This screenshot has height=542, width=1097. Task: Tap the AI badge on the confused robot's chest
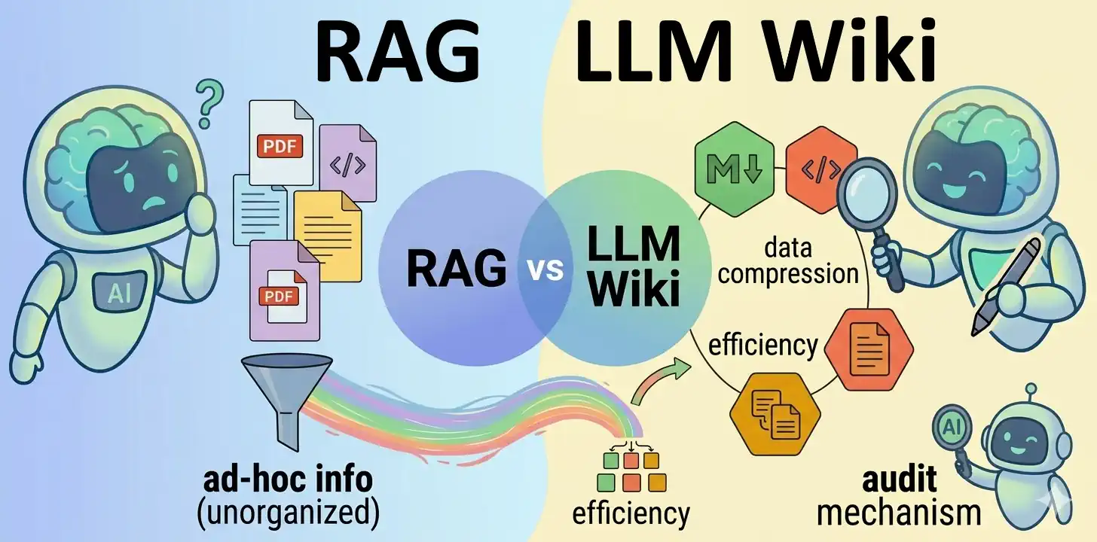click(119, 292)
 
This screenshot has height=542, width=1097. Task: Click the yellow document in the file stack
click(327, 235)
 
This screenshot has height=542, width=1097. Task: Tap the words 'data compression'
click(788, 260)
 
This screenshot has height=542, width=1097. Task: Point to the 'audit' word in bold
click(900, 480)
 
